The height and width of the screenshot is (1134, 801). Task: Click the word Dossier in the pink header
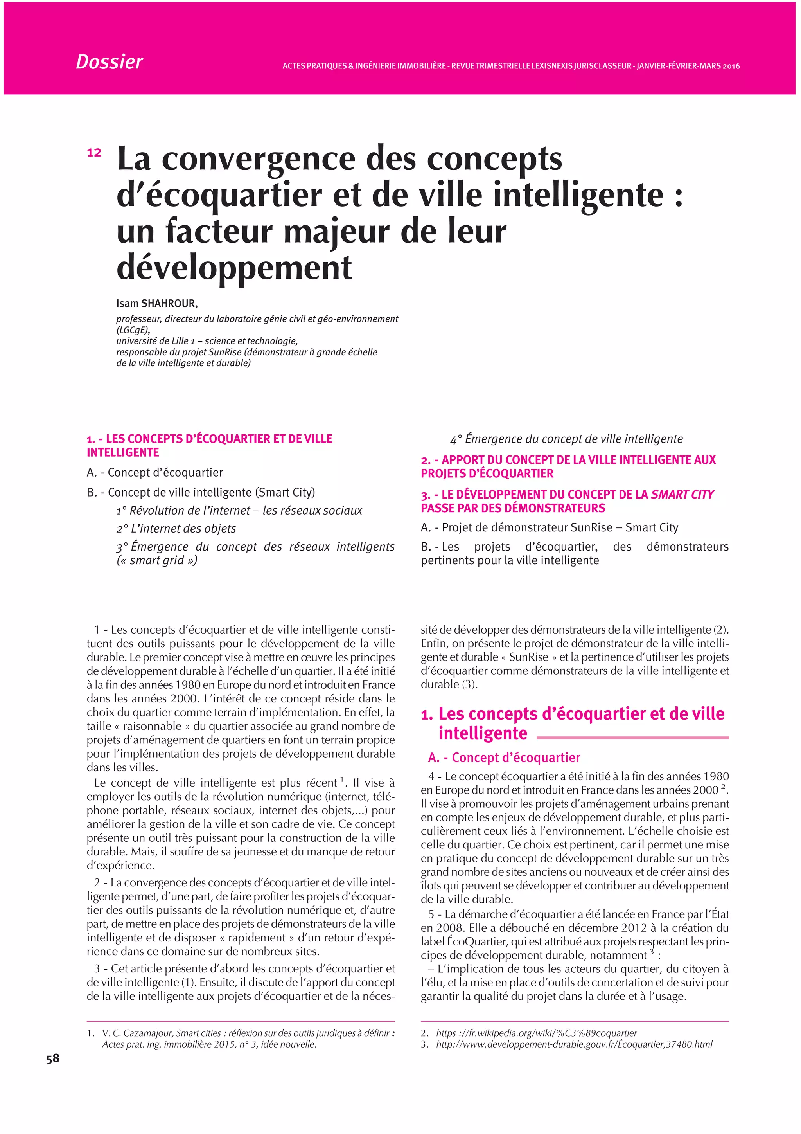click(109, 62)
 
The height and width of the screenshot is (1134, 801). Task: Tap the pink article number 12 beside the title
click(94, 153)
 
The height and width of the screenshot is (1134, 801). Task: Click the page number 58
click(53, 1058)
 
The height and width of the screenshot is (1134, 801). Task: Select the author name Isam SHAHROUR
click(156, 303)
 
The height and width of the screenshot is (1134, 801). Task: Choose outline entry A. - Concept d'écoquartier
click(154, 472)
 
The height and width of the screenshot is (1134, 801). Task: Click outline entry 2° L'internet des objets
click(176, 529)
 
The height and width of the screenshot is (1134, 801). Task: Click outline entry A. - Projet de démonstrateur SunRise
click(549, 527)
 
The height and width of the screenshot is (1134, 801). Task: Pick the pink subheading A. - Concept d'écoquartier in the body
click(504, 758)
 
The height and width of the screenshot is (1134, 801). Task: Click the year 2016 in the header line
click(731, 66)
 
